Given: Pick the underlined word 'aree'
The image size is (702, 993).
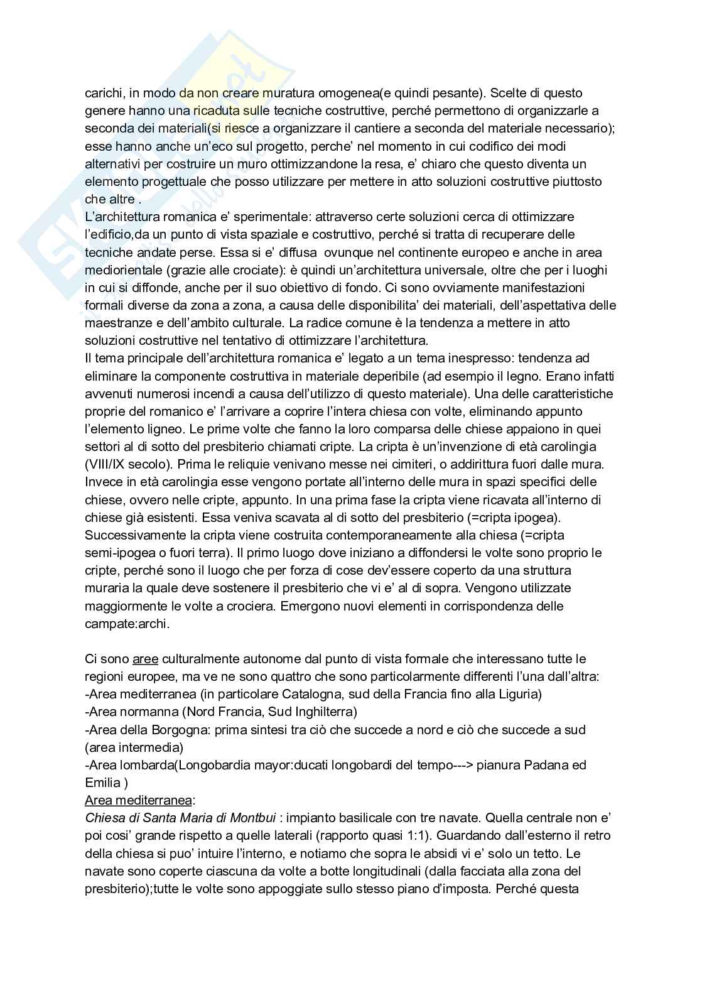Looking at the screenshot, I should coord(146,659).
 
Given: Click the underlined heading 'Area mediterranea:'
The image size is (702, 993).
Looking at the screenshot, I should coord(140,800).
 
